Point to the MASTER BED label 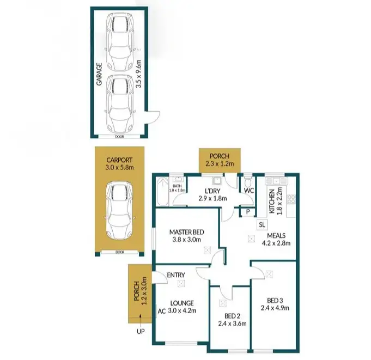pyautogui.click(x=186, y=231)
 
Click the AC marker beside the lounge pyautogui.click(x=161, y=312)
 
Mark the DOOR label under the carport pyautogui.click(x=120, y=252)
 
